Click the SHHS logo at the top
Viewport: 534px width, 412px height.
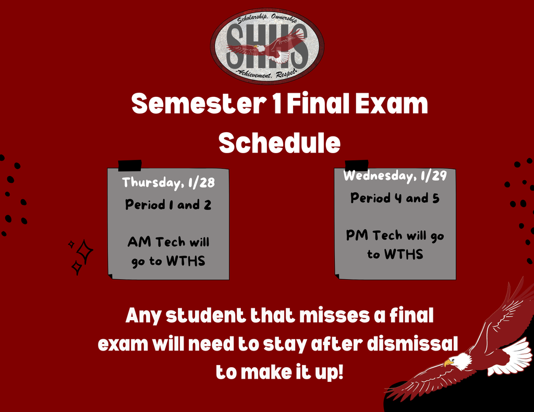click(267, 46)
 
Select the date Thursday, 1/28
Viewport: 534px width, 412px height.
click(168, 183)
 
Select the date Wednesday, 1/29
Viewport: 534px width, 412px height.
click(395, 176)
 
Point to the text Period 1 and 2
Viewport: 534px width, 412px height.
click(168, 205)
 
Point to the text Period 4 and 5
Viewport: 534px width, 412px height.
click(395, 198)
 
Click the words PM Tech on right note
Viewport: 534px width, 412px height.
click(372, 235)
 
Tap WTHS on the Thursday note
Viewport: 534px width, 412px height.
click(186, 261)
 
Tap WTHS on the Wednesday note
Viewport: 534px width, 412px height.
click(404, 255)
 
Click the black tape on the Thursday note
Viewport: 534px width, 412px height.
click(130, 166)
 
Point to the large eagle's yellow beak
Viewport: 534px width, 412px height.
click(447, 363)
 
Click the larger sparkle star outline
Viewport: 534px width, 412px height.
click(84, 252)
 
